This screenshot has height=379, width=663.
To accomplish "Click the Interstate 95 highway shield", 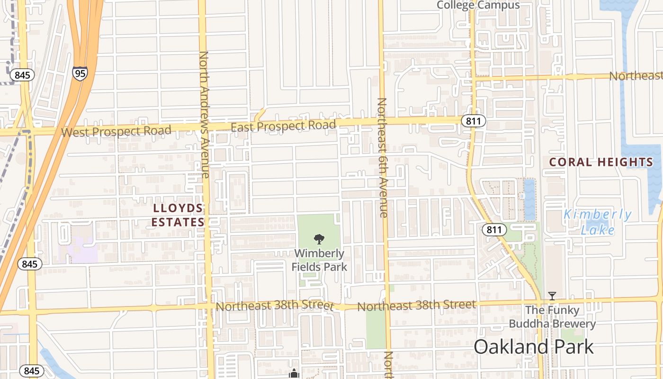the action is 80,73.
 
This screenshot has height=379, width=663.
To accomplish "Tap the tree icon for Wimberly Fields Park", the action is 319,239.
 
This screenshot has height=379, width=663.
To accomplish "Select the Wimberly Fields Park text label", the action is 319,260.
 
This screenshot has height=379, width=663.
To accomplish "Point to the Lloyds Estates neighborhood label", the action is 178,215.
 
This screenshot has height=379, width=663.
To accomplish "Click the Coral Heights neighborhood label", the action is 601,162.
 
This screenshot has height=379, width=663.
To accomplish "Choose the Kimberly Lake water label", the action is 597,222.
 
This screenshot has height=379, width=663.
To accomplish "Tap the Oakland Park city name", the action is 533,347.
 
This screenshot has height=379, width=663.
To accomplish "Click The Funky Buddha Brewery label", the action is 552,317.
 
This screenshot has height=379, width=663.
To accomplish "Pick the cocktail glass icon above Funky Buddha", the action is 552,296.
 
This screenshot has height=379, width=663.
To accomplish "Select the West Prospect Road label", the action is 116,131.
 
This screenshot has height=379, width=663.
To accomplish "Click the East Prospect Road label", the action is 283,126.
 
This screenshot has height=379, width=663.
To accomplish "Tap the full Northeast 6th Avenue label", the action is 383,157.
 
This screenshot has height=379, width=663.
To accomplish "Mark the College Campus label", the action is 478,5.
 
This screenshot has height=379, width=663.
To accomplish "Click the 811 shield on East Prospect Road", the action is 473,121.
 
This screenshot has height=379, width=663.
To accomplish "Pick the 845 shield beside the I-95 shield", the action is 22,75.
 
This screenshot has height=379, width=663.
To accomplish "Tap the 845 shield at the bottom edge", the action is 32,370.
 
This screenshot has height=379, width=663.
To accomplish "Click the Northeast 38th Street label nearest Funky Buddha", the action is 416,305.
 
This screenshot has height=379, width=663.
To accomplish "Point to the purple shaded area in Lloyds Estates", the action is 78,250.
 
